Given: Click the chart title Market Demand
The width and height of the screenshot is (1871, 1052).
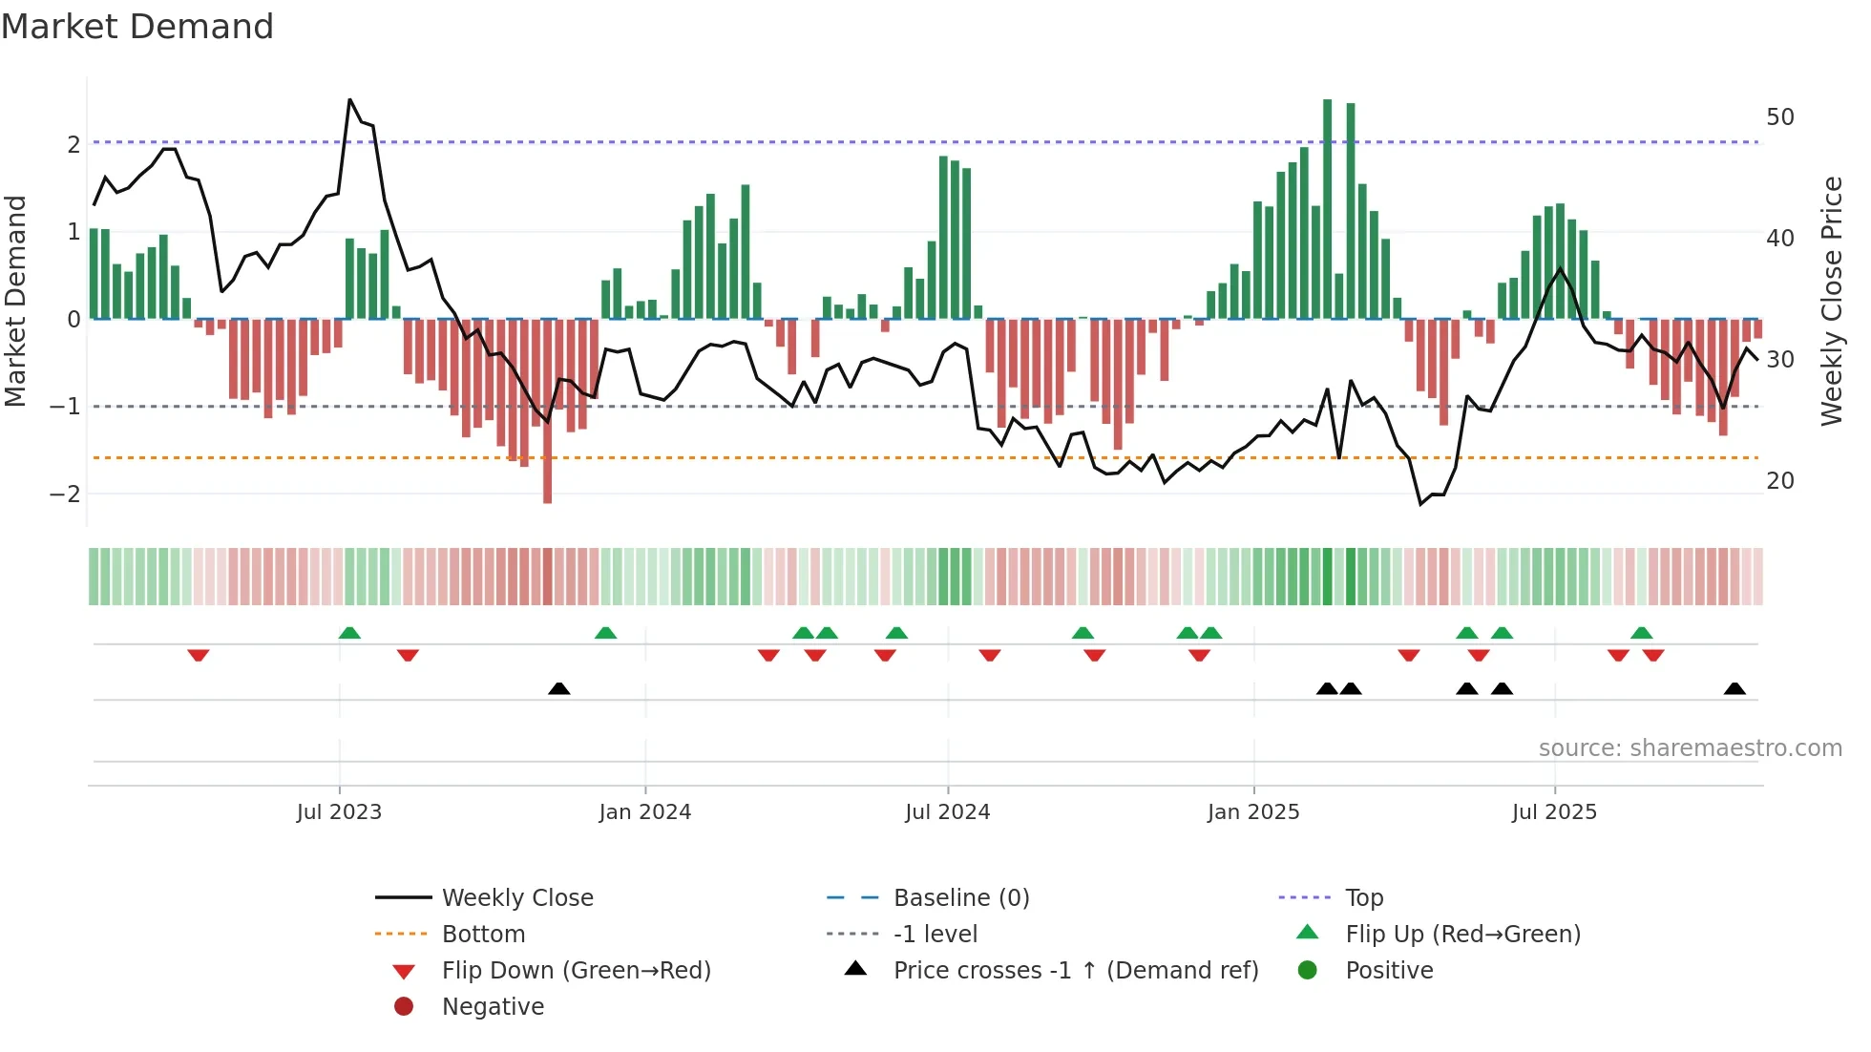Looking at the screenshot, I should [137, 27].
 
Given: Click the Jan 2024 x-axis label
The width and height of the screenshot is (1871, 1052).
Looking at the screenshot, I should [644, 812].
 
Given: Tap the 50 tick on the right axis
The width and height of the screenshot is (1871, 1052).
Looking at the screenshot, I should [1779, 117].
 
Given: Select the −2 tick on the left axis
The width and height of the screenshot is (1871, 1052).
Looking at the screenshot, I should [65, 494].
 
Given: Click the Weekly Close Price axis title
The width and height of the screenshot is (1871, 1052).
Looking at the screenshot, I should [1831, 301].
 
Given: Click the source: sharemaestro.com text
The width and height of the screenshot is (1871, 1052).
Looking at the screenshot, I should [1690, 748].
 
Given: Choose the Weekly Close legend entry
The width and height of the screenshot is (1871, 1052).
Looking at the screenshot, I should [516, 898].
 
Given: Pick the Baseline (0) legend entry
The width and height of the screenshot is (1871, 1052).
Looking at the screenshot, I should [960, 898].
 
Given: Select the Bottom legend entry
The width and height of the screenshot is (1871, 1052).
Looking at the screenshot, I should [483, 935].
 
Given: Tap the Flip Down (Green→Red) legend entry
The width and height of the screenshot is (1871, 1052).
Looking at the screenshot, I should [576, 971].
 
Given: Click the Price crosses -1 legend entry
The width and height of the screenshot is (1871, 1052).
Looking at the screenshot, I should [1075, 971].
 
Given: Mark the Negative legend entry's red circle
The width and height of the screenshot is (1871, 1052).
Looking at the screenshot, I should [404, 1007].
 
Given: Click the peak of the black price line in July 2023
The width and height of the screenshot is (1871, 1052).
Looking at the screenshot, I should [350, 100].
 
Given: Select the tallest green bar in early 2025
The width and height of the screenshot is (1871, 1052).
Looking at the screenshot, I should [1327, 210].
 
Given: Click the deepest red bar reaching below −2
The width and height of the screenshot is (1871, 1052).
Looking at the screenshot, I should [547, 410].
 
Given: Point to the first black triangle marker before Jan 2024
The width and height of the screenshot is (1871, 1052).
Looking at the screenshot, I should [559, 688].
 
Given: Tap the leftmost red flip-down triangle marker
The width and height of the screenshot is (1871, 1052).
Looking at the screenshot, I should [199, 655].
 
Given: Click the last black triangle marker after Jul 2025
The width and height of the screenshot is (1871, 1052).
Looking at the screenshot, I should [1734, 688].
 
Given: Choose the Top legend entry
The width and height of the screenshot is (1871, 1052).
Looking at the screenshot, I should [1363, 898].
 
